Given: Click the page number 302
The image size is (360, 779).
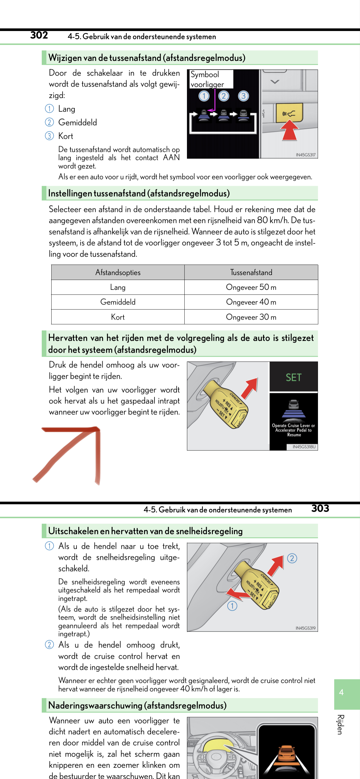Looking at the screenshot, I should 39,35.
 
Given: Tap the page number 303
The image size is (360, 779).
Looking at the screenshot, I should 320,508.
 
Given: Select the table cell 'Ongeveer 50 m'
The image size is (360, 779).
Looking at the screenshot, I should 251,287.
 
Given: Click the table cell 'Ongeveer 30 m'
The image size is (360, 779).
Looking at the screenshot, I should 251,317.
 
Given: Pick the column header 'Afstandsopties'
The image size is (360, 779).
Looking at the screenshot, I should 118,272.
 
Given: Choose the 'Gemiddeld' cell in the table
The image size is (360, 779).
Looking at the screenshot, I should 118,302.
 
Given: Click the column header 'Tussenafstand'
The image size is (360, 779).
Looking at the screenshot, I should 251,272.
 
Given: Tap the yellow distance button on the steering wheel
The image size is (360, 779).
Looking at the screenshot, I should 289,113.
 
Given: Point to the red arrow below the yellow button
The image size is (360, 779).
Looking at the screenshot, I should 289,130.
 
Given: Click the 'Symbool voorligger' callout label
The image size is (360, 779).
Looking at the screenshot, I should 211,79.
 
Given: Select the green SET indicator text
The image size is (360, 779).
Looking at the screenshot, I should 293,377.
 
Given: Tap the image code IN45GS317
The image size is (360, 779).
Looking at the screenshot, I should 305,155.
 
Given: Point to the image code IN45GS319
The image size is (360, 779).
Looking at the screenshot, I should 305,628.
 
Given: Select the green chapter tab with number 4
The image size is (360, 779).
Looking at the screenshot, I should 346,694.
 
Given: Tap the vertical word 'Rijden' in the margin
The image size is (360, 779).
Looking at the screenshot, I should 340,724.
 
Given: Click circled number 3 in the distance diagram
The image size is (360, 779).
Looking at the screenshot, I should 243,96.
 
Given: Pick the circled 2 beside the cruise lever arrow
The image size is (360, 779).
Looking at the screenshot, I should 292,558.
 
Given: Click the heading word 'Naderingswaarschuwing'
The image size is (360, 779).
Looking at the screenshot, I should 95,705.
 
